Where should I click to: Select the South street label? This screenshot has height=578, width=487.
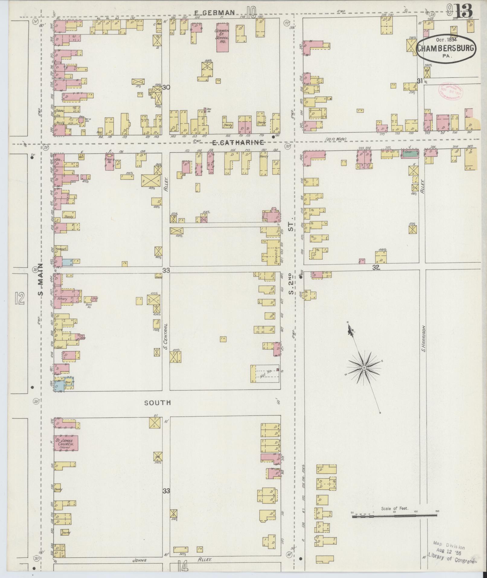(x=157, y=403)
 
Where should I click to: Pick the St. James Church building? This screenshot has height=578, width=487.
(x=66, y=443)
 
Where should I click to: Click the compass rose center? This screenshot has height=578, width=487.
(x=364, y=368)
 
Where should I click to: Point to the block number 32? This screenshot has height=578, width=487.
(x=376, y=267)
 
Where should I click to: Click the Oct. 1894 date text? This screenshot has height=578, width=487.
(x=446, y=39)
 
